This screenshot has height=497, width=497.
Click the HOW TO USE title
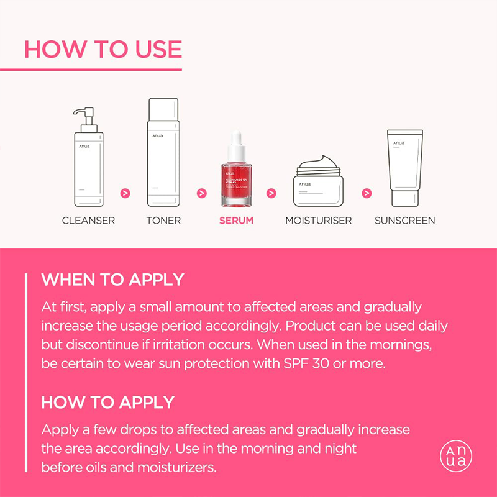pyautogui.click(x=103, y=49)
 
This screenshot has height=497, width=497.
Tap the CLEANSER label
pyautogui.click(x=88, y=221)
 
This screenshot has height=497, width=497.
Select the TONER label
pyautogui.click(x=163, y=221)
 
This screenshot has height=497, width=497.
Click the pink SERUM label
pyautogui.click(x=236, y=221)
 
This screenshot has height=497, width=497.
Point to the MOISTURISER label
pyautogui.click(x=318, y=221)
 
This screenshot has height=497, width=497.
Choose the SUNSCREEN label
pyautogui.click(x=404, y=221)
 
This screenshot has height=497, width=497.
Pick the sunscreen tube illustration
pyautogui.click(x=404, y=168)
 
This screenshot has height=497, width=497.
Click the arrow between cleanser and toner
pyautogui.click(x=125, y=193)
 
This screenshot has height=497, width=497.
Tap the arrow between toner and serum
pyautogui.click(x=201, y=193)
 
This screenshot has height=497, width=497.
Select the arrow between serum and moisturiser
pyautogui.click(x=271, y=193)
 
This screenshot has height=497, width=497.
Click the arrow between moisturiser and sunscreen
pyautogui.click(x=367, y=193)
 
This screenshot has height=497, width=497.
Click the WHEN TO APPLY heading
pyautogui.click(x=112, y=280)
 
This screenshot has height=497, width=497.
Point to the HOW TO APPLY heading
pyautogui.click(x=108, y=402)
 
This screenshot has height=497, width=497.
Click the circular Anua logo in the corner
pyautogui.click(x=455, y=456)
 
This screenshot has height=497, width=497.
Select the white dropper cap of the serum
pyautogui.click(x=236, y=146)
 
